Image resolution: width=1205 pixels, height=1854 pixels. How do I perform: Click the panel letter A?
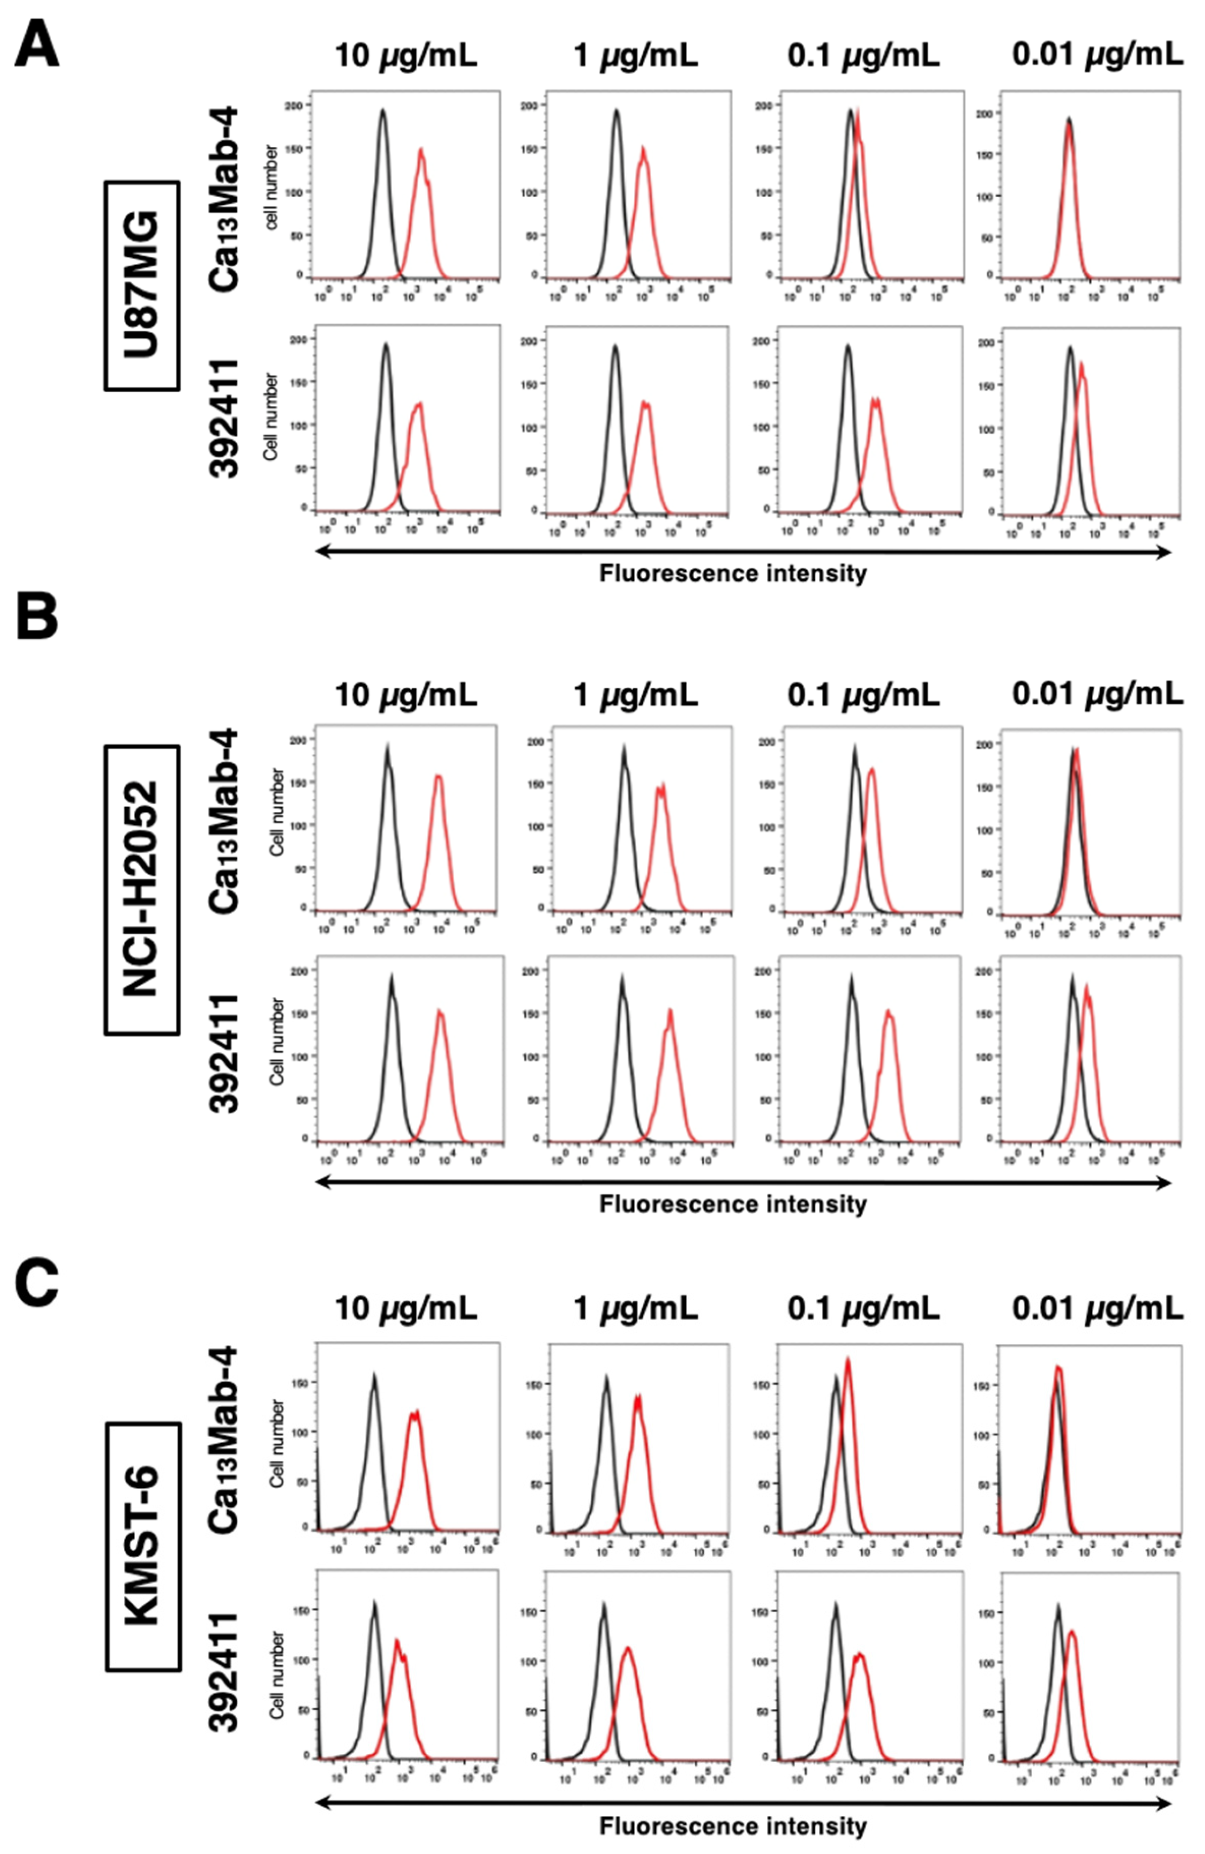pos(37,45)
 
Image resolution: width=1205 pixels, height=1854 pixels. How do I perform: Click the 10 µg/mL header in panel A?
pos(405,56)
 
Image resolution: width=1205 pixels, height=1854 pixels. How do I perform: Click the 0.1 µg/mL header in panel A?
pos(863,56)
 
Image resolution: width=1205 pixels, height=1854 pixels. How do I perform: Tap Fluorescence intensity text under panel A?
pos(732,574)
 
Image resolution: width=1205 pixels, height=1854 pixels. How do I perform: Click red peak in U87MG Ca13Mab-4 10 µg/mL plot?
pos(421,150)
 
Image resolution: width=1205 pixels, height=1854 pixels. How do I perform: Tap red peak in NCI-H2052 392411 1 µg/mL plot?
pos(670,1012)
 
